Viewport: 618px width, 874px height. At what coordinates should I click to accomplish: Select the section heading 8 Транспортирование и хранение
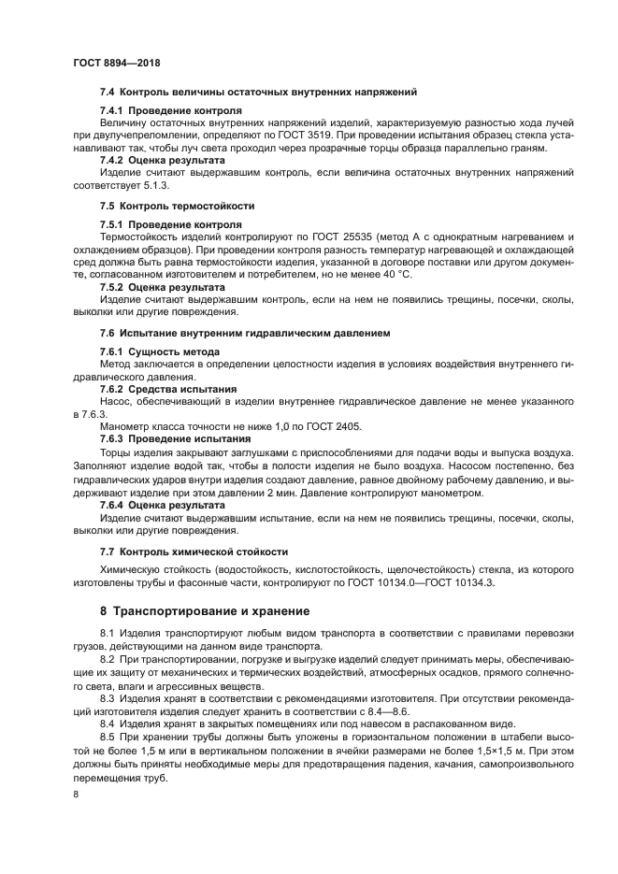[206, 611]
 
